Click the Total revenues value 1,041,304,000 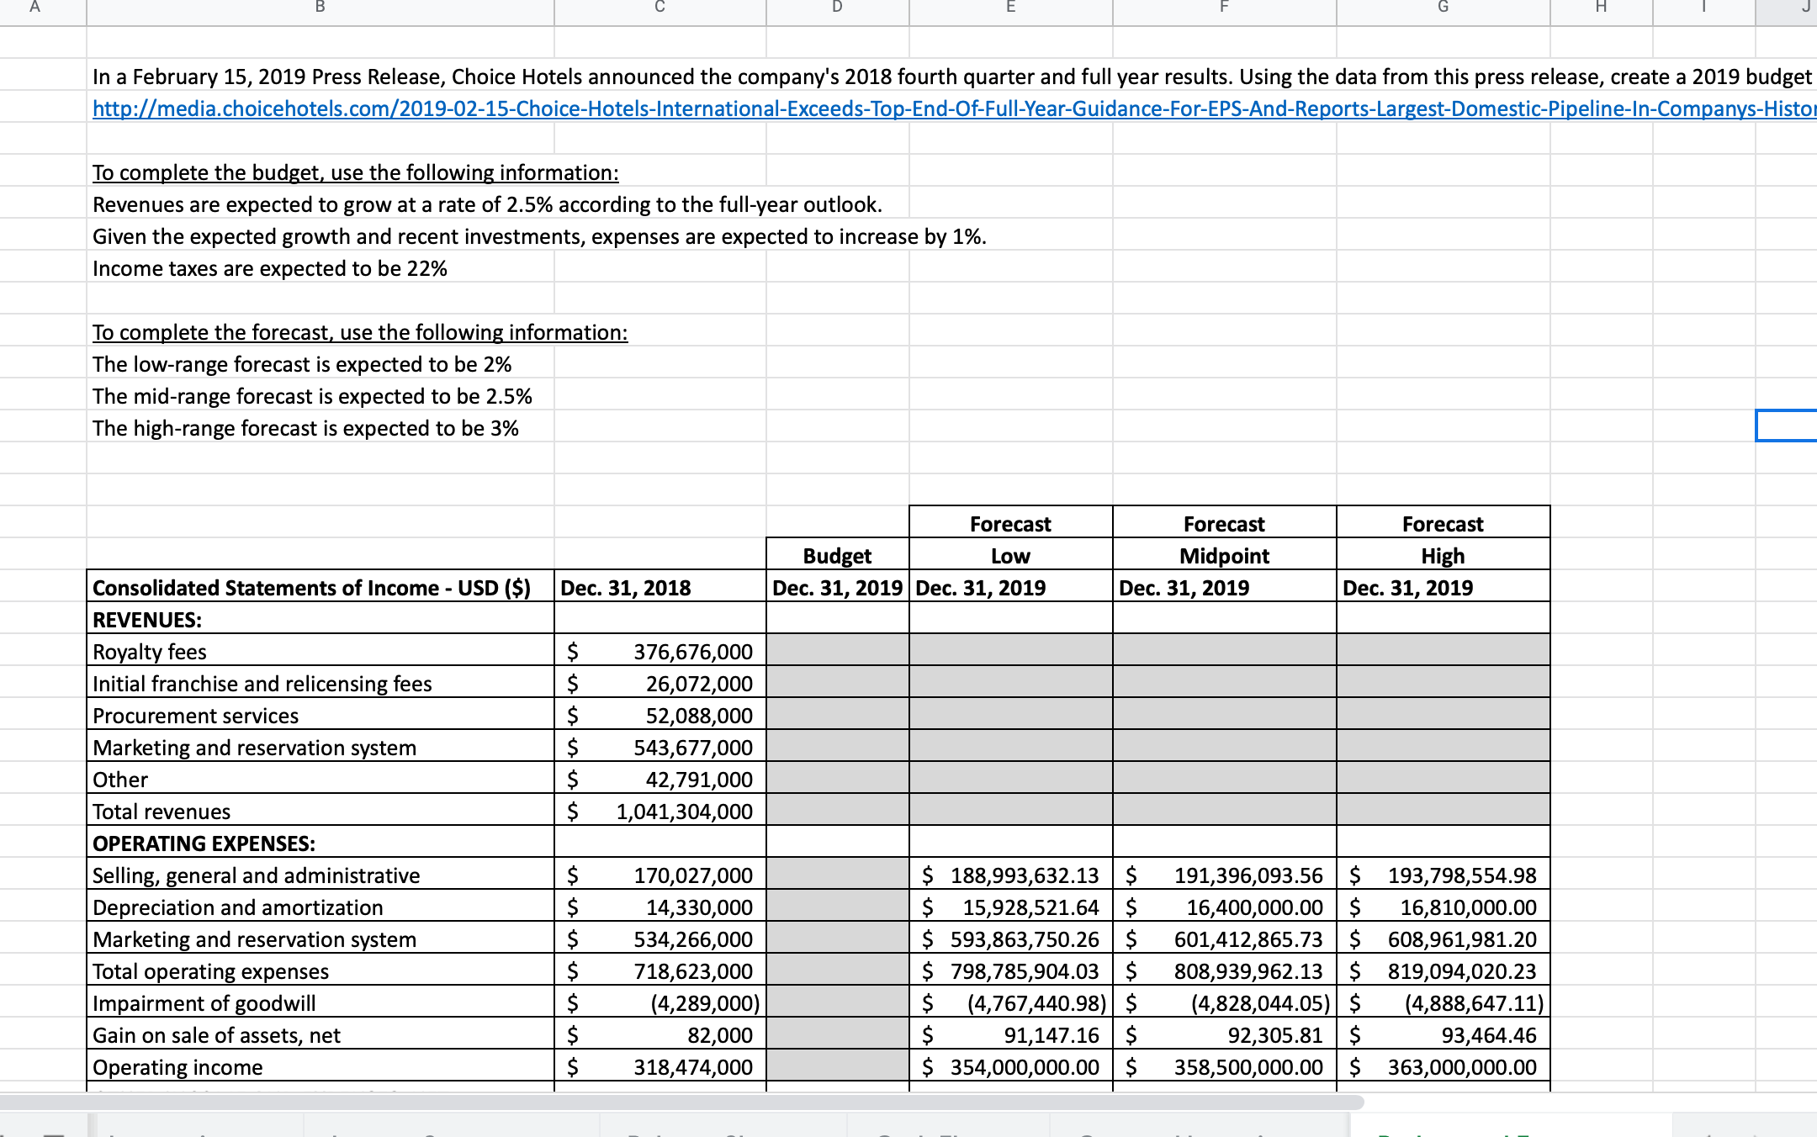click(683, 812)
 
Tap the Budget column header click(837, 556)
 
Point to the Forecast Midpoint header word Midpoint click(1224, 556)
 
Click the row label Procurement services click(195, 716)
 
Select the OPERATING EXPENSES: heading click(204, 843)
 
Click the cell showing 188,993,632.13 click(1024, 875)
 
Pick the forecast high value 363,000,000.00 click(1461, 1067)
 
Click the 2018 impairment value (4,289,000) click(705, 1003)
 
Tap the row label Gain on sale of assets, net click(216, 1035)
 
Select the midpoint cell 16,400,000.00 click(1253, 907)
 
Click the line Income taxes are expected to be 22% click(269, 269)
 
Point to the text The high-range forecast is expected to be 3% click(305, 429)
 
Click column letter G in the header click(1443, 8)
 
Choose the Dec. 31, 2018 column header click(625, 588)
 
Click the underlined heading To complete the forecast click(359, 333)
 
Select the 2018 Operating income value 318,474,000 click(692, 1067)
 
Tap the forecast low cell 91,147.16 click(1051, 1035)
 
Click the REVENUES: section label click(147, 620)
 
